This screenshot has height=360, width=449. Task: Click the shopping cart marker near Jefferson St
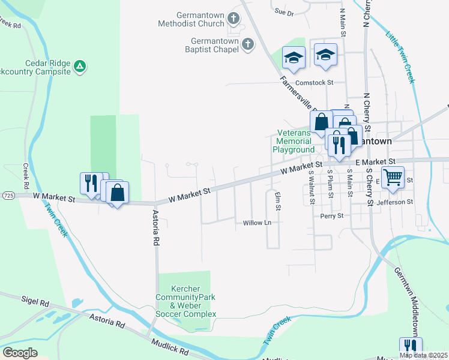392,177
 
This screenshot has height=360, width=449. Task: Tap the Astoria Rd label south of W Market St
155,228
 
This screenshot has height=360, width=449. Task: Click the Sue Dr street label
284,12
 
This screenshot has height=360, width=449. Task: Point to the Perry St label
331,215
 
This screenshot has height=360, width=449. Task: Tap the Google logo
20,353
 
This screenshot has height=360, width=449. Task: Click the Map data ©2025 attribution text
423,355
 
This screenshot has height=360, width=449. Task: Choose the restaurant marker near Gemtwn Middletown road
411,347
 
